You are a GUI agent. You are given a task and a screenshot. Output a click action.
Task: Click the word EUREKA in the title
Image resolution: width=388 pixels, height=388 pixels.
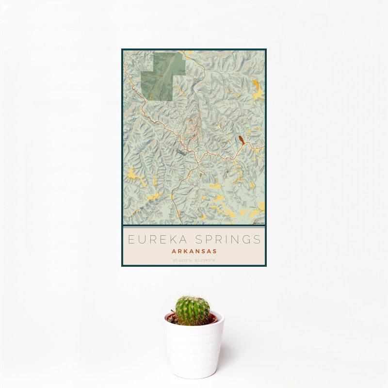click(156, 239)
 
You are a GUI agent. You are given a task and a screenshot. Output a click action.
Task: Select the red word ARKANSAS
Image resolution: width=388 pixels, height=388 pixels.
click(194, 251)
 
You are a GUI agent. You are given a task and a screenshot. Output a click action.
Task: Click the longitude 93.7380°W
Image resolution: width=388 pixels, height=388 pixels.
click(206, 260)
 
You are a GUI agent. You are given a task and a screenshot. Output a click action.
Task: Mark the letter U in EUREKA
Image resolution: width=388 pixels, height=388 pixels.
click(140, 239)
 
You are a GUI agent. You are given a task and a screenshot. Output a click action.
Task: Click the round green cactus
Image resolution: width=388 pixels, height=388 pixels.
click(193, 310)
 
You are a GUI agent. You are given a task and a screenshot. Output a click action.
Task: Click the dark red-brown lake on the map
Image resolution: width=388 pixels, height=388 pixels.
click(241, 141)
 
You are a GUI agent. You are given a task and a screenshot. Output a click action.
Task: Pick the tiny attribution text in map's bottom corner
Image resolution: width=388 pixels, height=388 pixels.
click(258, 223)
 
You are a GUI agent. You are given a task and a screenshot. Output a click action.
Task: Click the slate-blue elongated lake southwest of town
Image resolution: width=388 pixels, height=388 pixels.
click(180, 153)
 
